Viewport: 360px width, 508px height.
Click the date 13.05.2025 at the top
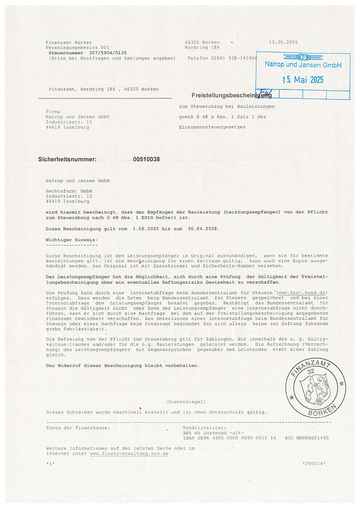[283, 42]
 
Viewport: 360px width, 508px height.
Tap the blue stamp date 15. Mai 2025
[303, 80]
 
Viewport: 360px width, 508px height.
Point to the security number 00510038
[146, 159]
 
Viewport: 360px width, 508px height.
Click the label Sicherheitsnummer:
[67, 159]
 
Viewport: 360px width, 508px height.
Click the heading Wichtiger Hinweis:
[71, 239]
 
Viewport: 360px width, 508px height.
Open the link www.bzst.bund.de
[302, 292]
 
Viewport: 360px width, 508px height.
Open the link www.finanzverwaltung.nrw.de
[129, 454]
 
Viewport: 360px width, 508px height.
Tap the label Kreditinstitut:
[199, 428]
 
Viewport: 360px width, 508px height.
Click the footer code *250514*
[314, 463]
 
